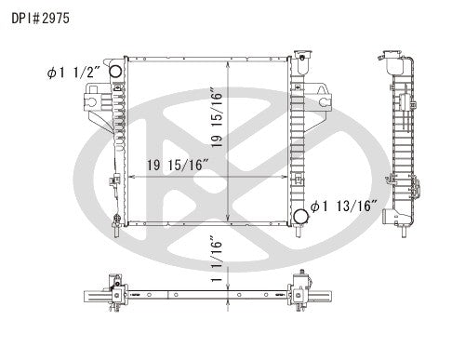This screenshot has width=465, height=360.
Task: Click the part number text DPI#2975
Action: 40,17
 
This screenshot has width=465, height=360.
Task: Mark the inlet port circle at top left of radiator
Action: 114,72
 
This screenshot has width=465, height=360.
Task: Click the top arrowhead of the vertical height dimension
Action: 229,65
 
